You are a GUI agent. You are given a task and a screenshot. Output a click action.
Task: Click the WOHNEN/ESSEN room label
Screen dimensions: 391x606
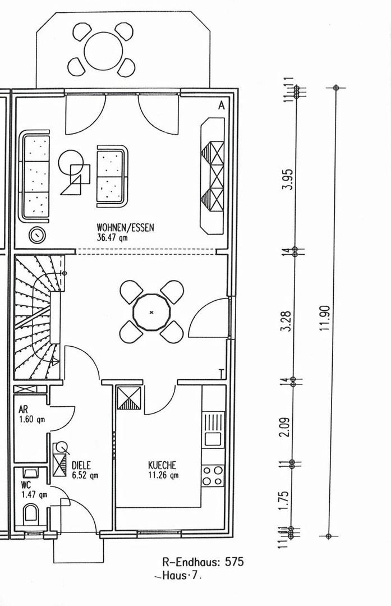(125, 227)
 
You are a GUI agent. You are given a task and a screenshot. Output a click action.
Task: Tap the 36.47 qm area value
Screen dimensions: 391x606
(112, 237)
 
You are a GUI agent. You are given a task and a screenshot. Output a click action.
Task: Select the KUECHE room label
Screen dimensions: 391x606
(162, 465)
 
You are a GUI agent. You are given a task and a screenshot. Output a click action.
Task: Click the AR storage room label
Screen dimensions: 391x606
(23, 409)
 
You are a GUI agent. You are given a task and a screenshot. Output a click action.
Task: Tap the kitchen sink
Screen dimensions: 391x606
(213, 429)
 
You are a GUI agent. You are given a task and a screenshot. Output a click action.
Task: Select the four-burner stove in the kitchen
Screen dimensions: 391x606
(213, 476)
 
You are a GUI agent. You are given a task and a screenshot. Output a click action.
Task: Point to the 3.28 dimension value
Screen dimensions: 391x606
(287, 321)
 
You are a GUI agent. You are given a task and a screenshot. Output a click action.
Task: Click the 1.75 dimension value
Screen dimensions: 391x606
(284, 500)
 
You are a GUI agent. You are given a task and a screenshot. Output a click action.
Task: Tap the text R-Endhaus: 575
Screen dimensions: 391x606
(203, 562)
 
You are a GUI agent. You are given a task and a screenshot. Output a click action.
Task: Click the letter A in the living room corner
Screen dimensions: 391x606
(221, 105)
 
